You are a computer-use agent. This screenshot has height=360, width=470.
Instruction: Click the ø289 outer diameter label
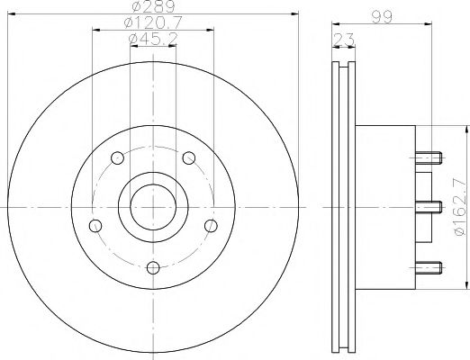click(x=152, y=8)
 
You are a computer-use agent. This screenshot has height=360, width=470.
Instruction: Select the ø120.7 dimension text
click(x=152, y=22)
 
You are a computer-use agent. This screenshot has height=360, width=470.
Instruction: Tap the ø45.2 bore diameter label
click(x=152, y=38)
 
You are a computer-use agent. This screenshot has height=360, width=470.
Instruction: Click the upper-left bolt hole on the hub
click(x=119, y=159)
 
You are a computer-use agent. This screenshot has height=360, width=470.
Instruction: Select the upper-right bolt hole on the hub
click(x=188, y=159)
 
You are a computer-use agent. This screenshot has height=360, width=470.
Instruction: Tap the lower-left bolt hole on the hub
click(x=96, y=225)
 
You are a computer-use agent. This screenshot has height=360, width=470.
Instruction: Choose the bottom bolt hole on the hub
click(x=153, y=266)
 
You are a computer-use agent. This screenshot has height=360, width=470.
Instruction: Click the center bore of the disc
click(x=153, y=206)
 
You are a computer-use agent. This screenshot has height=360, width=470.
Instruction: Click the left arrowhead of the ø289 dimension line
click(x=13, y=15)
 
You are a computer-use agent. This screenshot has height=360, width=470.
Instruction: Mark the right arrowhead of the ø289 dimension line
click(x=294, y=15)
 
